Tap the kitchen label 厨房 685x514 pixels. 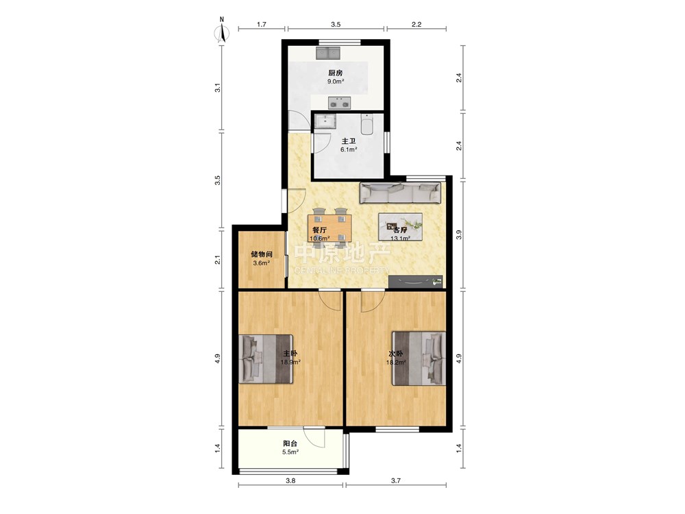click(336, 73)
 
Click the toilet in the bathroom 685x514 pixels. click(367, 125)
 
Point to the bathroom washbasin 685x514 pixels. click(325, 121)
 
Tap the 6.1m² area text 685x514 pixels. click(349, 149)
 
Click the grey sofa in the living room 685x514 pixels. click(400, 193)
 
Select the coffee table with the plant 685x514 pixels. click(400, 227)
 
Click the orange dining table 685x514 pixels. click(330, 228)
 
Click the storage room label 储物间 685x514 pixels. click(262, 254)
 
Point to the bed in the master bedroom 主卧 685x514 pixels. click(266, 359)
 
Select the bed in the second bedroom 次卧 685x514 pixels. click(419, 358)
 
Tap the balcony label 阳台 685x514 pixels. click(290, 443)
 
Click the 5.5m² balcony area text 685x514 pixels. click(290, 452)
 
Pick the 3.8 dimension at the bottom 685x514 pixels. click(290, 481)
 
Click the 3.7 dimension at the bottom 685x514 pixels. click(396, 481)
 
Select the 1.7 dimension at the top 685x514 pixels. click(261, 25)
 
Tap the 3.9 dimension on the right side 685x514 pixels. click(459, 234)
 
